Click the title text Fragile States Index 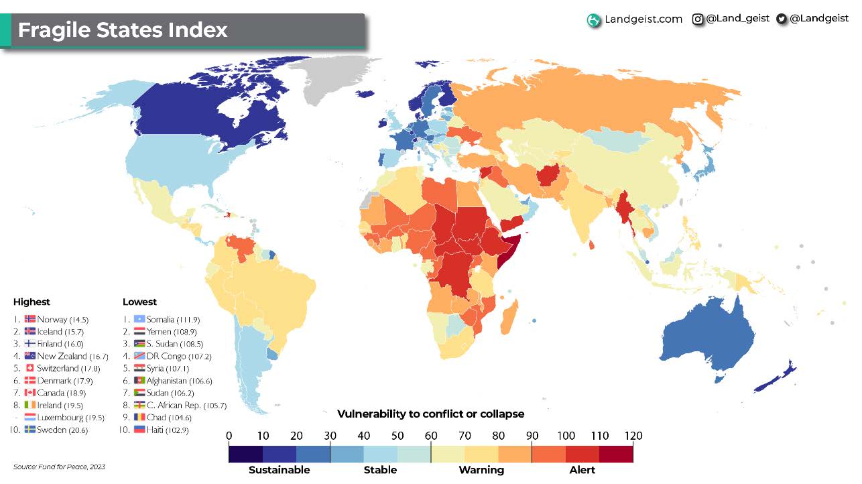123,30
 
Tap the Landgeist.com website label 643,19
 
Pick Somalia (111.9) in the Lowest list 172,320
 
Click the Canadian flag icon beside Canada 30,393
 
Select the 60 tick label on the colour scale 431,436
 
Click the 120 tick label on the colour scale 633,436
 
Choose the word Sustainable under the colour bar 280,470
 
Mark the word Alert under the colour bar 582,470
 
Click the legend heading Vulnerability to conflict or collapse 430,414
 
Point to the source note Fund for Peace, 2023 60,467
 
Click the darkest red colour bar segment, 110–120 616,454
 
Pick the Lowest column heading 139,302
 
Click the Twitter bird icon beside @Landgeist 781,19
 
